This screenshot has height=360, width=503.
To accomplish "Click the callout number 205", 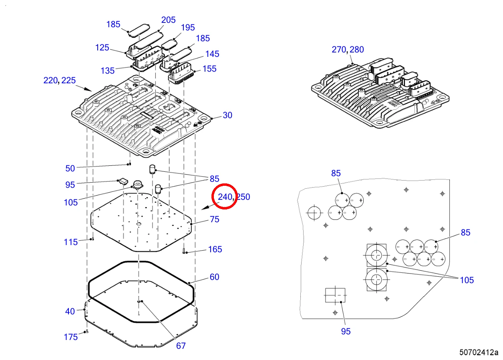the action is [x=168, y=20].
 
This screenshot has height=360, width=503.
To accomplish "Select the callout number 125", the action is [x=102, y=48].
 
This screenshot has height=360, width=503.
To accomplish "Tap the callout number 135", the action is [x=108, y=71].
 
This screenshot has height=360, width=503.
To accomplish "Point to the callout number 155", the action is [x=209, y=69].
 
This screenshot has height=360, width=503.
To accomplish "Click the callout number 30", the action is [x=227, y=115].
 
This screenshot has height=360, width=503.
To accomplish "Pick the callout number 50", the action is [x=70, y=169].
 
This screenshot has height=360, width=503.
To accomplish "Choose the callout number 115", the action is [x=71, y=242].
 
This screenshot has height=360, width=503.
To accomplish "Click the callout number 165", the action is [x=215, y=249].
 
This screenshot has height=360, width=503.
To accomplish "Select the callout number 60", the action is [x=214, y=277].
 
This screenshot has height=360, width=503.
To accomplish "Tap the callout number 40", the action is [x=70, y=312].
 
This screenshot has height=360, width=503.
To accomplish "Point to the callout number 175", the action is [x=71, y=337].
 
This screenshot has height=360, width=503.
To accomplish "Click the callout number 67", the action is [x=181, y=346].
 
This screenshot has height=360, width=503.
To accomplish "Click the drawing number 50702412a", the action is [x=479, y=352].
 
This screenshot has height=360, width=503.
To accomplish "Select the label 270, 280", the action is [x=348, y=50].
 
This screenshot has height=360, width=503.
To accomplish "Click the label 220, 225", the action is [x=60, y=80].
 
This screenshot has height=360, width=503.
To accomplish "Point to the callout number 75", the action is [x=214, y=219].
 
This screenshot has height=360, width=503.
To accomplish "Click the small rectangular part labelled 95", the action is [x=123, y=181].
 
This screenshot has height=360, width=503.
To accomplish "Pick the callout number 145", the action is [x=212, y=54].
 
